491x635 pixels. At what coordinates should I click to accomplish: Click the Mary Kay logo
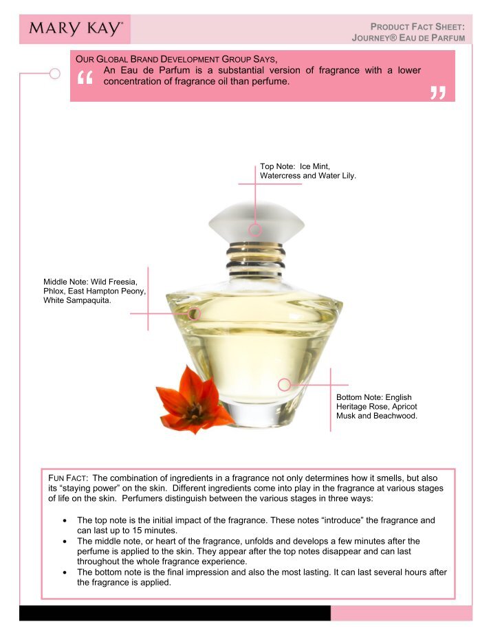tap(76, 28)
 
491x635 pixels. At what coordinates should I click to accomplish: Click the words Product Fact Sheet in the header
tap(417, 27)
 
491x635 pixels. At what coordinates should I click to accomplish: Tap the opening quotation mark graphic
tap(85, 78)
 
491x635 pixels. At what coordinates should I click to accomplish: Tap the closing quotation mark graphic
tap(438, 93)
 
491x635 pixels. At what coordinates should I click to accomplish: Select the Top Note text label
tap(308, 171)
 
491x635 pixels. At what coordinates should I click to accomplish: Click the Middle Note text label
tap(94, 291)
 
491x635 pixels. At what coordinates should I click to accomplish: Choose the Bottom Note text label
tap(377, 406)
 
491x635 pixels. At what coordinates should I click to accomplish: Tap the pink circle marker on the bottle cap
tap(255, 230)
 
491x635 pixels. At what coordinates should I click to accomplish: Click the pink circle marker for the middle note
tap(195, 313)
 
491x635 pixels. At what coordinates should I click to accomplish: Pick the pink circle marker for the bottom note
tap(285, 385)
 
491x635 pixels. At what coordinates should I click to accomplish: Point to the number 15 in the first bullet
tap(138, 531)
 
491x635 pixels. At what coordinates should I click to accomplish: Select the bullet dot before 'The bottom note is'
tap(65, 572)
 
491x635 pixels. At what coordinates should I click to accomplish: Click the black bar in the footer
tap(175, 613)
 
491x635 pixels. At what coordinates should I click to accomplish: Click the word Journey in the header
tap(374, 38)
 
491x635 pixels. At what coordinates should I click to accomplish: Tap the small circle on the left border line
tap(55, 74)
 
